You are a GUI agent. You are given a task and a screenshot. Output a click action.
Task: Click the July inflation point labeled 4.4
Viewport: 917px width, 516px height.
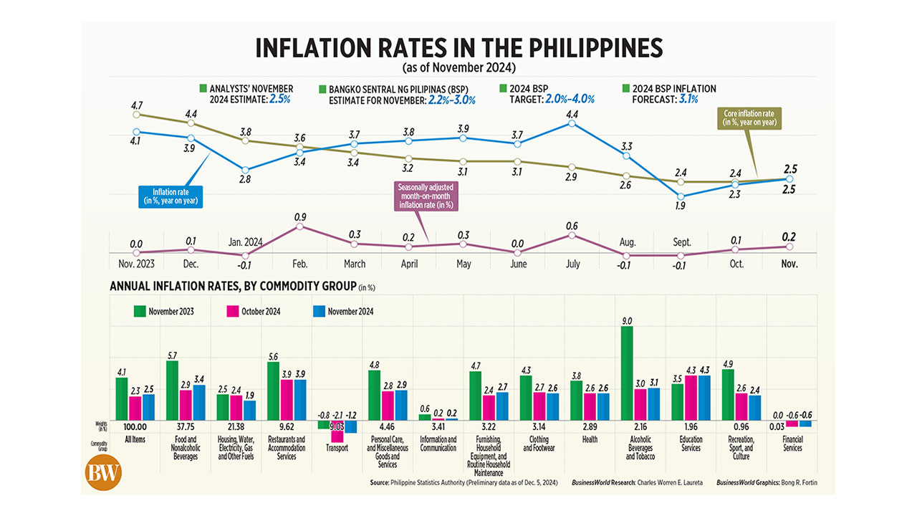click(572, 123)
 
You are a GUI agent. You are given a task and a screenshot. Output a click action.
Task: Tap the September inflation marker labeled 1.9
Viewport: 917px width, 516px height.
click(681, 196)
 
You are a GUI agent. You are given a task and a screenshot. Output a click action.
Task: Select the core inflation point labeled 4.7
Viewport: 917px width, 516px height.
click(137, 114)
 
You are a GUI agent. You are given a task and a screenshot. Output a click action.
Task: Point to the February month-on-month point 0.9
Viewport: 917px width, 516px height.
click(300, 226)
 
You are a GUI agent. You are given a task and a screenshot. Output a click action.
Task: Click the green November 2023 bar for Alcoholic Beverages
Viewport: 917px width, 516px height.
click(628, 373)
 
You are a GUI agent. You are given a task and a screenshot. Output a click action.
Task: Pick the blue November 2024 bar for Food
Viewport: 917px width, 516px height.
click(198, 403)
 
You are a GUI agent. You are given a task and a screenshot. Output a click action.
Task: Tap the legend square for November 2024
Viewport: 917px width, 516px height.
click(320, 311)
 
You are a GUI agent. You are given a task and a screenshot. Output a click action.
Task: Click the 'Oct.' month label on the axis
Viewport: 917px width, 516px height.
click(737, 264)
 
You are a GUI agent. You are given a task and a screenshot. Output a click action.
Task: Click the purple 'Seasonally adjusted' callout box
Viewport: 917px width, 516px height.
click(427, 196)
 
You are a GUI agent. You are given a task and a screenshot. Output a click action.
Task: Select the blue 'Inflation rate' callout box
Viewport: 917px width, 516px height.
click(169, 196)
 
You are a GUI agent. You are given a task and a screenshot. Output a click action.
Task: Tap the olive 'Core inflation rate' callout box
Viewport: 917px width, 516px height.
click(750, 118)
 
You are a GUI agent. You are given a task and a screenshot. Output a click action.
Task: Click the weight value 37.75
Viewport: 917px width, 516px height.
click(186, 427)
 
